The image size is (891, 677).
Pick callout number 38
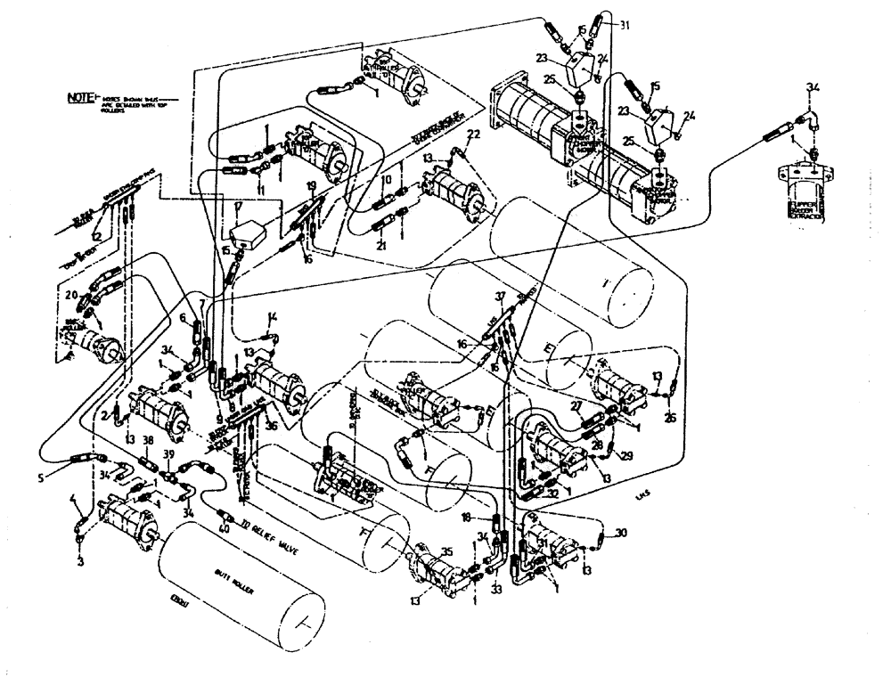[x=148, y=441]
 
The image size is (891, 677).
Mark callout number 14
[x=273, y=316]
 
